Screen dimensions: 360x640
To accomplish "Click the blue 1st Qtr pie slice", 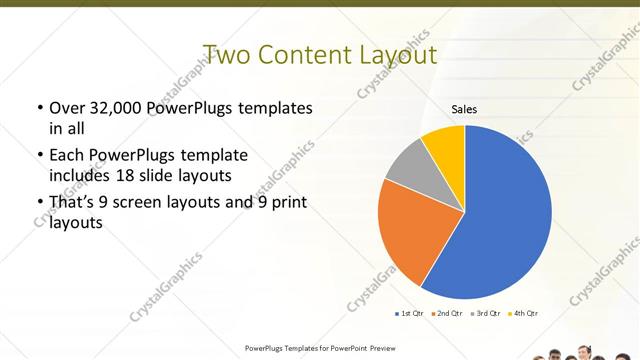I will pos(505,215).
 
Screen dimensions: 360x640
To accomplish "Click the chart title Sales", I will pos(464,108).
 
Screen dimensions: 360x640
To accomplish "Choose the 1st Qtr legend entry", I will pos(411,314).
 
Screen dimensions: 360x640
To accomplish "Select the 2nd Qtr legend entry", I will pos(447,314).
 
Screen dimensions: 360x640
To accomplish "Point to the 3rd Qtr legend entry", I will pos(485,314).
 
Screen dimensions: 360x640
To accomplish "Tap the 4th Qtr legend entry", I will pos(523,314).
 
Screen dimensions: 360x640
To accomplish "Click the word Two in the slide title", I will pos(227,53).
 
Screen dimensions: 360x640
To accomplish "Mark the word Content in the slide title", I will pos(304,53).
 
